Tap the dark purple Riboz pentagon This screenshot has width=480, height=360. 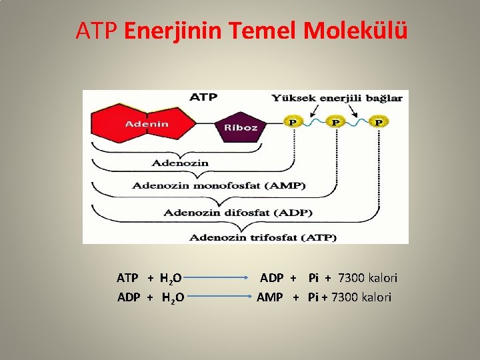click(x=241, y=127)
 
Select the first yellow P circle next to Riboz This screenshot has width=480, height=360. click(x=291, y=122)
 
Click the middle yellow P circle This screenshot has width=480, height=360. click(x=335, y=122)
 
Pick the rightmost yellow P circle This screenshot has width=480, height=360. click(x=379, y=122)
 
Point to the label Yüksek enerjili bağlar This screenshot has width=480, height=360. click(x=337, y=98)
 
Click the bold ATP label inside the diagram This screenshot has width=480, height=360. click(x=203, y=97)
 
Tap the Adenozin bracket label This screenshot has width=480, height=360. click(x=180, y=163)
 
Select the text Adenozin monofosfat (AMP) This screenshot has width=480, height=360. click(x=219, y=185)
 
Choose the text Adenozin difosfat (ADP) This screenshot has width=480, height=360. click(x=239, y=213)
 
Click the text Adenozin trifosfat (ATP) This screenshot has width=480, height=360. click(x=263, y=237)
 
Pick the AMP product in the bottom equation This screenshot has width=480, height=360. click(x=270, y=297)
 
